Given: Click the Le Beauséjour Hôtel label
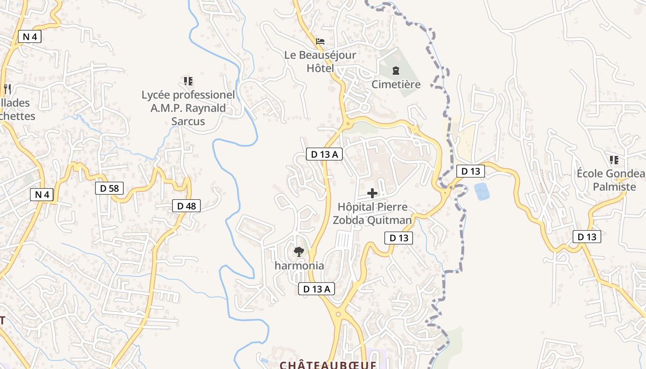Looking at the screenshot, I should coord(320,62).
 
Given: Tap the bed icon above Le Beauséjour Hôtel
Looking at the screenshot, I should coord(320,42).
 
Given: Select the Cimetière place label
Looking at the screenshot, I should coord(396,84).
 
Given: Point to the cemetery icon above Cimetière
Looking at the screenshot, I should coord(396,71).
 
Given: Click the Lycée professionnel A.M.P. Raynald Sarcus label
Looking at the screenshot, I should coord(188,108).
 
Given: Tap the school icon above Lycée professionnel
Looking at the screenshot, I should coord(188,82).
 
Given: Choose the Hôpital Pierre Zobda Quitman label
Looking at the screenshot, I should coord(372,213).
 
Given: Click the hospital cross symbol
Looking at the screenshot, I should coord(372,193).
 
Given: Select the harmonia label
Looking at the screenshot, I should coord(299,266).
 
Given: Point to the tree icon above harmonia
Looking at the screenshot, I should coord(299,252).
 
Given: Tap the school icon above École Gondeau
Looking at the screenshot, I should coord(614,160).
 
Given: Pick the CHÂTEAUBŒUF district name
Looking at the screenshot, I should coord(328,365).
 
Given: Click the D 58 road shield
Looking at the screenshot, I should coord(109,188).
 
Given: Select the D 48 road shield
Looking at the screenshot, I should coord(186,206).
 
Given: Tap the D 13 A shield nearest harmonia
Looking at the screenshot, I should coord(316,289).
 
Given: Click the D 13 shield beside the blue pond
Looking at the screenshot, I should coord(471,171).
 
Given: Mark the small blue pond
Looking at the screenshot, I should coord(482,191).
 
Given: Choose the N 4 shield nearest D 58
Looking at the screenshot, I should coord(42,195).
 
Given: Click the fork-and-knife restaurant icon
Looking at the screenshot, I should coord(6,88).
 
